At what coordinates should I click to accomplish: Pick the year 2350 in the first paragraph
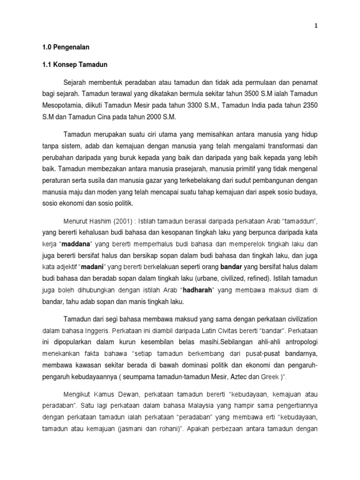pyautogui.click(x=308, y=105)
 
